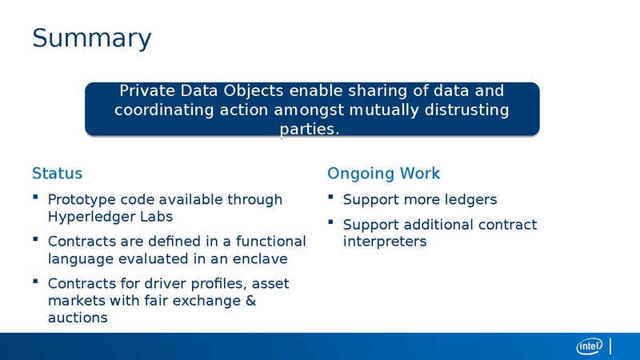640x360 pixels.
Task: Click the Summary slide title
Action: [91, 38]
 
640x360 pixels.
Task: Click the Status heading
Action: [57, 174]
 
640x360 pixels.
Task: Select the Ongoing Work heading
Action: [383, 174]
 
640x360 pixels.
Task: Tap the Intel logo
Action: [590, 346]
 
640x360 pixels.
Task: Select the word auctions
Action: [78, 318]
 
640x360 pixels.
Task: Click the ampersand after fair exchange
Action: [250, 301]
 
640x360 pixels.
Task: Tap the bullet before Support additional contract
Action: [331, 222]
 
